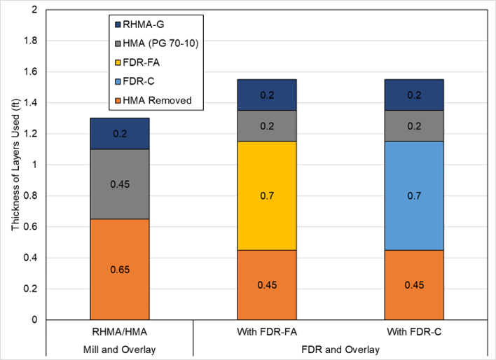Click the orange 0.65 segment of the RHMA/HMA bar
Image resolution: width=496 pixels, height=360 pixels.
coord(119,270)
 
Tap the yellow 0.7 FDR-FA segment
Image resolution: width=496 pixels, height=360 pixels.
coord(267,195)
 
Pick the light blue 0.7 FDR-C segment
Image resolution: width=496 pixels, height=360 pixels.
coord(414,195)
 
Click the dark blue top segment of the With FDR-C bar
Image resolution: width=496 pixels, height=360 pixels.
coord(414,95)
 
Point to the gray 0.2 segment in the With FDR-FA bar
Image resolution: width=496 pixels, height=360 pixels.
coord(267,125)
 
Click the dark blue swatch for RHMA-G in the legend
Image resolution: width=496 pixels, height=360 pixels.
coord(119,25)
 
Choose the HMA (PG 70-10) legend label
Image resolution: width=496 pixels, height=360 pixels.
coord(161,43)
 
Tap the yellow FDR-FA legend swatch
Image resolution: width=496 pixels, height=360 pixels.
coord(119,62)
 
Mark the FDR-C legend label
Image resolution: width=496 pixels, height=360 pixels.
coord(145,81)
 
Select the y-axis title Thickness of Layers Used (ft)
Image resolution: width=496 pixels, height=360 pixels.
coord(15,165)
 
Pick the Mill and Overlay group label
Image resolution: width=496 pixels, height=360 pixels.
coord(119,348)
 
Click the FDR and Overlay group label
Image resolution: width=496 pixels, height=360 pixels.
coord(340,348)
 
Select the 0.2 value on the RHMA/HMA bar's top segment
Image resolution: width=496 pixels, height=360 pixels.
coord(119,134)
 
